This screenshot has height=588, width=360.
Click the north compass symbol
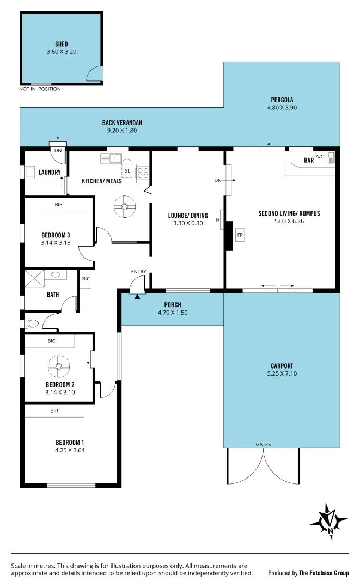point(329,521)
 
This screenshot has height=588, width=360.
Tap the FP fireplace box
point(240,235)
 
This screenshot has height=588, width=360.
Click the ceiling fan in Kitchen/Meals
point(125,206)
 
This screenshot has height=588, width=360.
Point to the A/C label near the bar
point(320,157)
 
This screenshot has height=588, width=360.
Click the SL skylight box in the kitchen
point(127,170)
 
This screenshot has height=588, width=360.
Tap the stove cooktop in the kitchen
point(143,173)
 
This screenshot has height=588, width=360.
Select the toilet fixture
point(31,323)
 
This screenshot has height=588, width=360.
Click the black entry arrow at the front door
point(137,296)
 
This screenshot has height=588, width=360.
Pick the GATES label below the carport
point(263,444)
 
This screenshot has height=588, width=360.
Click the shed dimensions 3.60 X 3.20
point(61,52)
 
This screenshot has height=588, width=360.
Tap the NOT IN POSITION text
point(40,89)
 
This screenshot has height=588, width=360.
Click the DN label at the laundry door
point(57,151)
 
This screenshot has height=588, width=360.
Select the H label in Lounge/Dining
point(217,220)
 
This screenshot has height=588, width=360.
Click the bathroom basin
point(56,275)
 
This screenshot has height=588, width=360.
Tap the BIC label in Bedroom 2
point(51,341)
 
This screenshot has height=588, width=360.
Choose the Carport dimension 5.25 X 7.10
point(282,373)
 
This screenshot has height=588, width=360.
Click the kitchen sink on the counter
point(112,158)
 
